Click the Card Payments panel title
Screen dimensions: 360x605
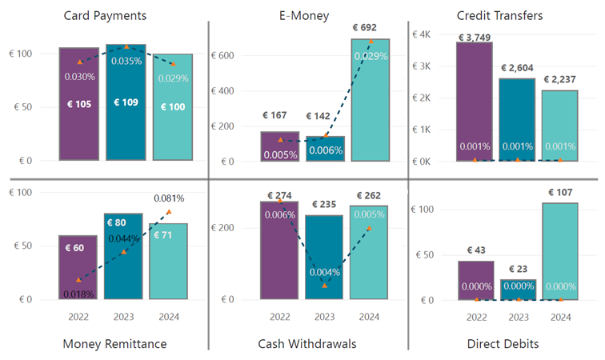point(110,15)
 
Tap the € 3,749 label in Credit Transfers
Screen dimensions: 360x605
point(474,37)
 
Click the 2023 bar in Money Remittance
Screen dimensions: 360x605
point(123,256)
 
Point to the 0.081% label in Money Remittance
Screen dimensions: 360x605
point(169,198)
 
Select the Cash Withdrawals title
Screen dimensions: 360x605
point(307,344)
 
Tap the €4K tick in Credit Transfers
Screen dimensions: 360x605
point(421,34)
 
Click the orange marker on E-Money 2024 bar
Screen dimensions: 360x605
point(370,41)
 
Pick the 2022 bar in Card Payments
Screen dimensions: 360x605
point(79,104)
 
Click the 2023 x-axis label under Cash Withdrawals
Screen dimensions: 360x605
point(324,317)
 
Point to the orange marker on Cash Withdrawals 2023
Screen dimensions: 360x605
point(324,285)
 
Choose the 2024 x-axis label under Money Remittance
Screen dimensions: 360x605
point(168,317)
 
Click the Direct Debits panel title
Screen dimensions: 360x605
point(503,344)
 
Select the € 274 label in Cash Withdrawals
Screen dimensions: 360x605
point(280,195)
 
